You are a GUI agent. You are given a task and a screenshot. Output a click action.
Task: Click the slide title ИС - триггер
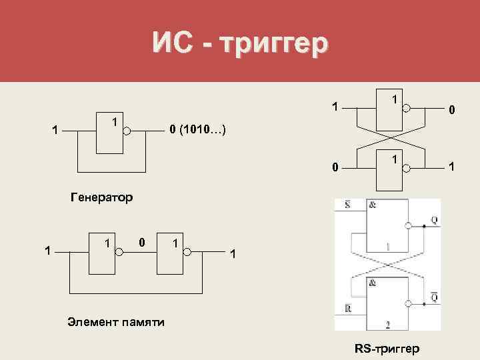pos(240,43)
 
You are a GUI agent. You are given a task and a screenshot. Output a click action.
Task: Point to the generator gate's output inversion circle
pos(127,132)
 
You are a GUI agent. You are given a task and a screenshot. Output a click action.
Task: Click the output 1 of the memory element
pos(231,253)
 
